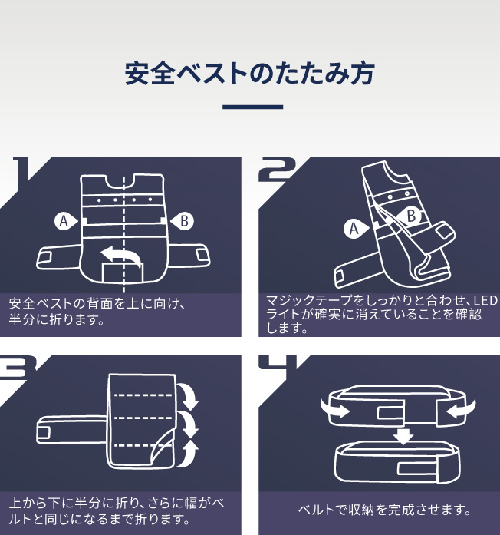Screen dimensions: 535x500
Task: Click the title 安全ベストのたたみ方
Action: (250, 74)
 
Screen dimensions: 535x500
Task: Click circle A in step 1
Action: (64, 221)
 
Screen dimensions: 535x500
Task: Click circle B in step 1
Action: (185, 221)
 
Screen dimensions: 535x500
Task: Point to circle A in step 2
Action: (354, 228)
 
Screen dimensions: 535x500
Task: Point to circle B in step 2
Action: (411, 216)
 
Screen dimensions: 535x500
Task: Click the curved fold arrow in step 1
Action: (123, 255)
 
